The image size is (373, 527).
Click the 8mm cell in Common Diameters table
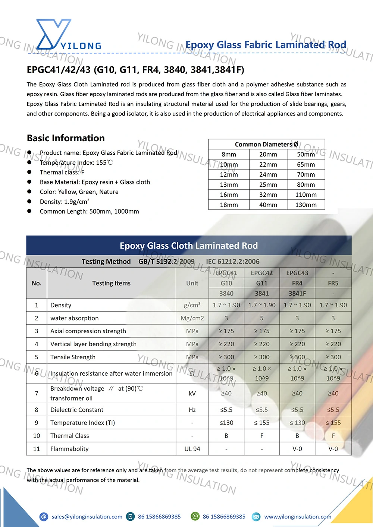(x=229, y=154)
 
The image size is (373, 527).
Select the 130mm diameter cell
(x=306, y=205)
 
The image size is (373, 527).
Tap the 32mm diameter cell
(x=268, y=195)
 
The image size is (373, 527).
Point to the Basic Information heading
(x=66, y=138)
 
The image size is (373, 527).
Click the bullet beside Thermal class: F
(x=29, y=172)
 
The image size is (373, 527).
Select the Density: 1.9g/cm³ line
(x=65, y=202)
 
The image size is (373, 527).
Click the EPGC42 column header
(x=262, y=273)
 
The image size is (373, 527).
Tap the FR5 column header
(x=333, y=283)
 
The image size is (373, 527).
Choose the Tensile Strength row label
(x=73, y=357)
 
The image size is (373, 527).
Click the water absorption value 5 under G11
(x=262, y=318)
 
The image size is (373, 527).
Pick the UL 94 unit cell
(x=192, y=449)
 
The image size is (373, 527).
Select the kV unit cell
(x=192, y=393)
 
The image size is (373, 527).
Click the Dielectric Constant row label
(x=77, y=410)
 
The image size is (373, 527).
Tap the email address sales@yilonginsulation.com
(x=87, y=517)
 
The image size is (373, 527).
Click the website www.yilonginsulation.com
(x=298, y=517)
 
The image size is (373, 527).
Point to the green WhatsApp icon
(x=195, y=516)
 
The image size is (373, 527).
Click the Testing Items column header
(x=112, y=283)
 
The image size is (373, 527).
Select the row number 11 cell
(x=37, y=449)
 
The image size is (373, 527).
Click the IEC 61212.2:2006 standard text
(x=233, y=262)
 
